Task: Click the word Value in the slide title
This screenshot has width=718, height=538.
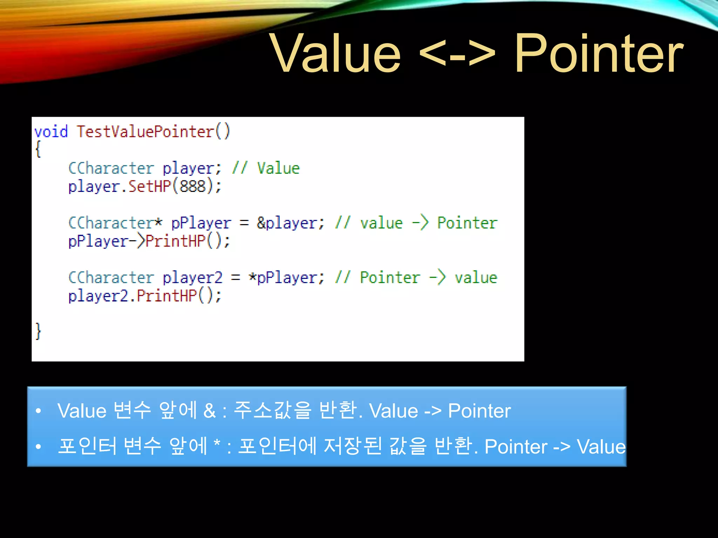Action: [x=336, y=54]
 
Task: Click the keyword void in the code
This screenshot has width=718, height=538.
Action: [x=51, y=132]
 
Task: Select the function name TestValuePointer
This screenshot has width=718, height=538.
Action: [x=145, y=132]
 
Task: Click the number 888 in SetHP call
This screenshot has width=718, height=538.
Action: [x=192, y=186]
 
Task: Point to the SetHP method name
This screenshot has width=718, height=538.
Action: [x=149, y=186]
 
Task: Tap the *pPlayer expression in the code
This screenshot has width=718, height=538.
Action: [x=283, y=278]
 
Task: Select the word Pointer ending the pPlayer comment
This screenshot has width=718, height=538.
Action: [x=467, y=223]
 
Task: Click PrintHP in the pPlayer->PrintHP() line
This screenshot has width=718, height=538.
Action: [x=175, y=241]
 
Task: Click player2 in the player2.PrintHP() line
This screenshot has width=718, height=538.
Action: [x=99, y=296]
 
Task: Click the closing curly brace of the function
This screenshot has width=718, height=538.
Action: [x=38, y=331]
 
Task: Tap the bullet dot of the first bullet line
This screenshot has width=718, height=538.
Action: [x=39, y=411]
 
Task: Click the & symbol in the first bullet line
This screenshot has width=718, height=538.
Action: [x=209, y=411]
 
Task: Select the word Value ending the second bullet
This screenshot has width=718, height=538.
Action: [x=601, y=447]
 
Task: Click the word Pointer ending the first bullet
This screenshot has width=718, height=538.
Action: [x=479, y=411]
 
